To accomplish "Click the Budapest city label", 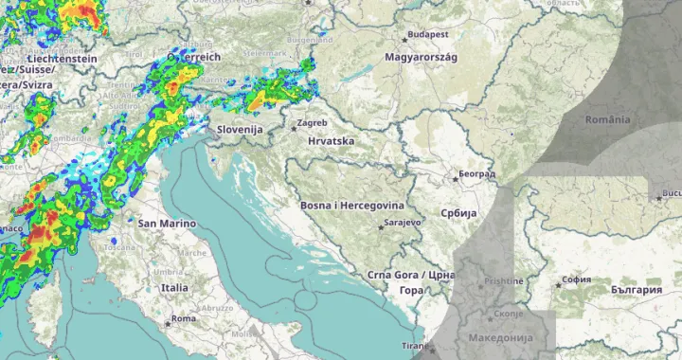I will click(427, 36).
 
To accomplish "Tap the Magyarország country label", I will click(421, 58).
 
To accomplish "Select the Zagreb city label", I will click(312, 123).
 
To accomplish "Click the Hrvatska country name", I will click(331, 141).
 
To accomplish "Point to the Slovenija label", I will click(238, 129).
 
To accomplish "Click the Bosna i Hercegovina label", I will click(351, 206).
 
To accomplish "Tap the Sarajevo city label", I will click(399, 225).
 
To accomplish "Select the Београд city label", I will click(476, 174).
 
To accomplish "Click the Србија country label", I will click(455, 213).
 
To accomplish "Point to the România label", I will click(607, 119).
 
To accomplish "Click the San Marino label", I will click(167, 224).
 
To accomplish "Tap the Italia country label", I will click(173, 287).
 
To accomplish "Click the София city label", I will click(576, 280).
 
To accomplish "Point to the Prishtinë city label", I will click(502, 281).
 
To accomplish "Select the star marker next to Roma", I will click(168, 322).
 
